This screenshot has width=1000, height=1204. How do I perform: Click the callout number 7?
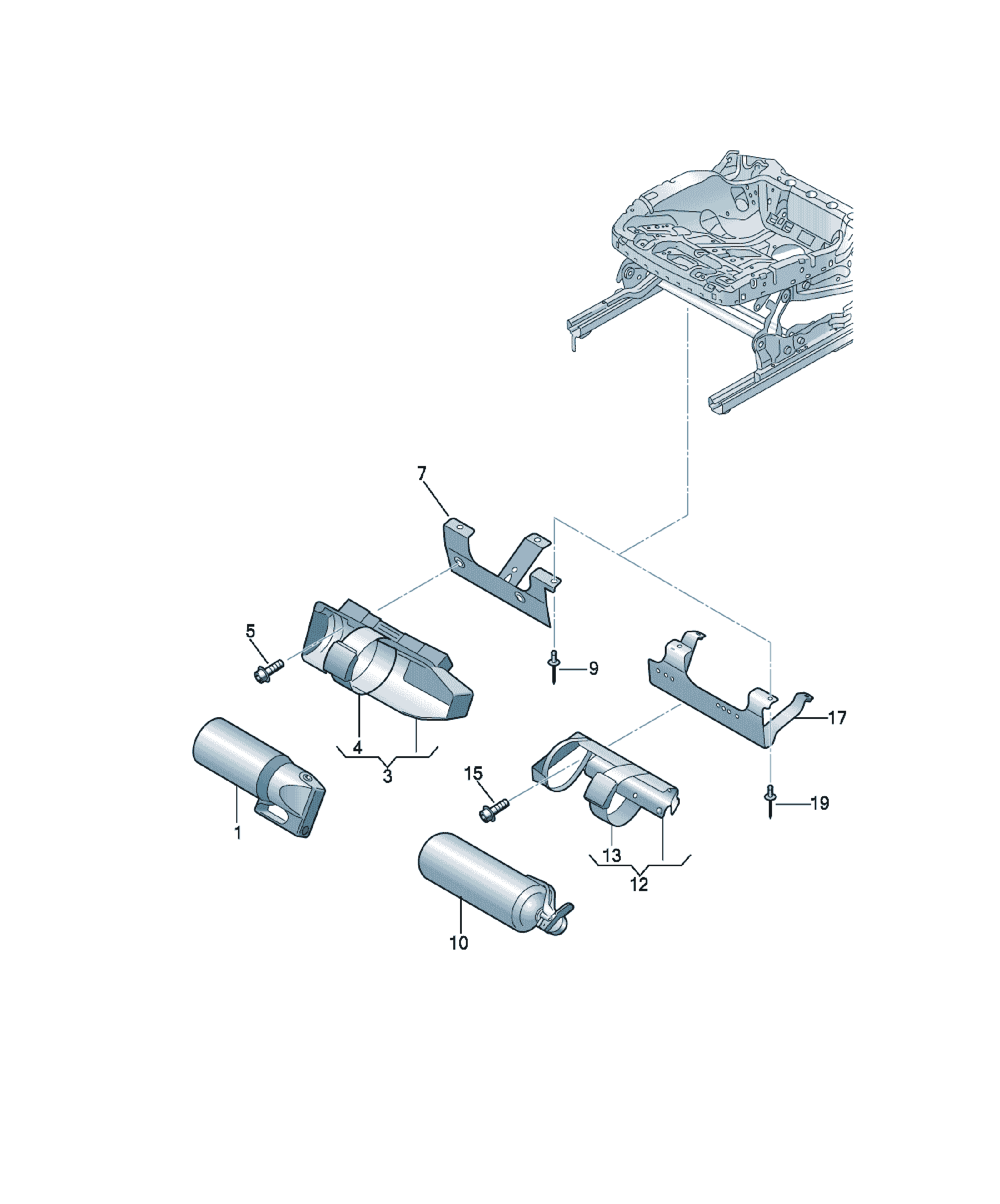pyautogui.click(x=421, y=474)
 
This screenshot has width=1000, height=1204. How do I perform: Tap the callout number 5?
pyautogui.click(x=251, y=631)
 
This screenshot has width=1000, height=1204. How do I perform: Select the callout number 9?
pyautogui.click(x=594, y=669)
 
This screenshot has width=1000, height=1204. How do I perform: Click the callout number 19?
pyautogui.click(x=820, y=803)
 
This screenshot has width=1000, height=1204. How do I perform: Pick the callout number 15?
pyautogui.click(x=473, y=774)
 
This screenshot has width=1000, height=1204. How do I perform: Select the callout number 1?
pyautogui.click(x=238, y=832)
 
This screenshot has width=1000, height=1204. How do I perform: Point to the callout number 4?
pyautogui.click(x=358, y=747)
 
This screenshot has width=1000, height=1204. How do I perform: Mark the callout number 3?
pyautogui.click(x=388, y=776)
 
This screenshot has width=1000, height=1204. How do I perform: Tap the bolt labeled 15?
pyautogui.click(x=494, y=811)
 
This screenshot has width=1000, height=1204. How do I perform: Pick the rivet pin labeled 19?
pyautogui.click(x=771, y=802)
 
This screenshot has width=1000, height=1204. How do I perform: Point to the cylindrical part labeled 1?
pyautogui.click(x=258, y=777)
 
